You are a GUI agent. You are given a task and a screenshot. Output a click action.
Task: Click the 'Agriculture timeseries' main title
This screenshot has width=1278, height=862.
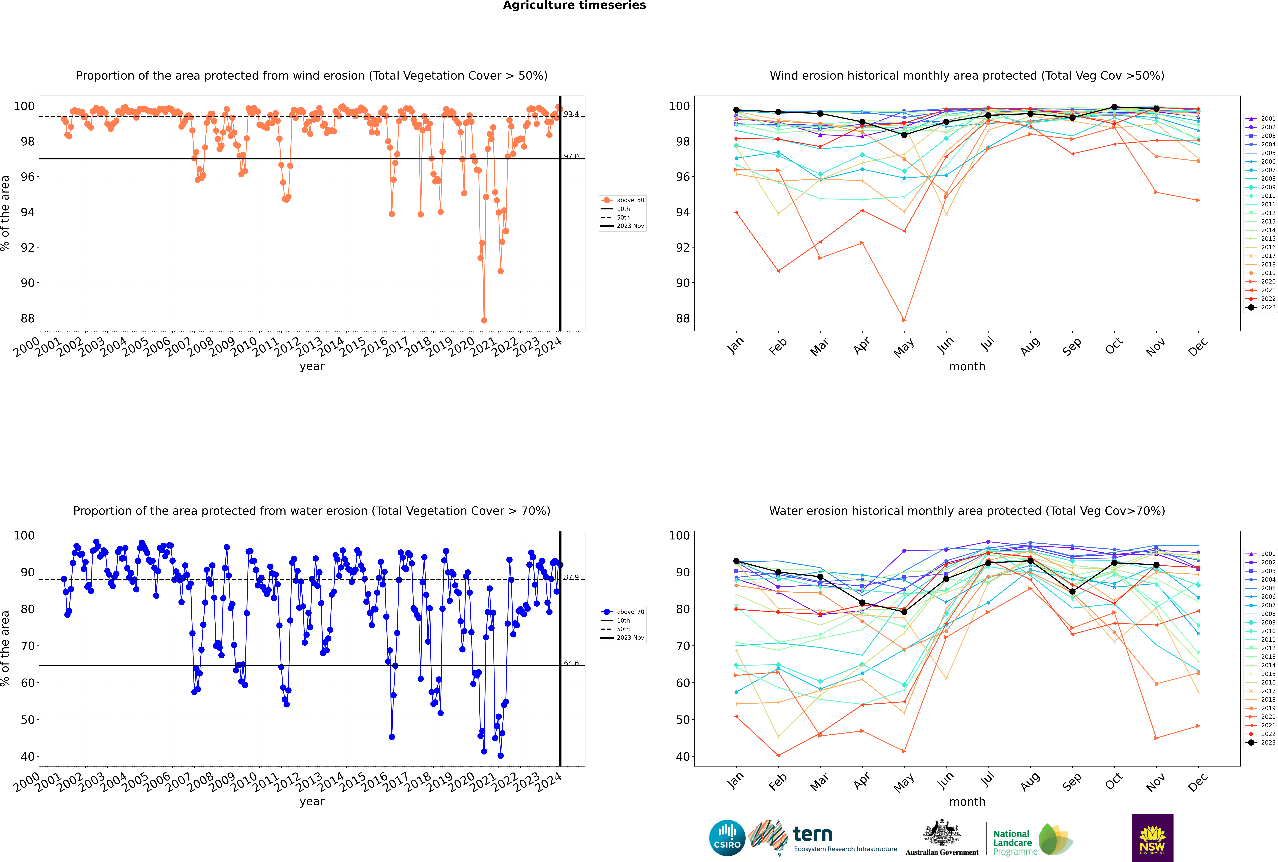click(574, 5)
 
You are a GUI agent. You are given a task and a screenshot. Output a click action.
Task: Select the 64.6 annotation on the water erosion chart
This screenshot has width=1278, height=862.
click(571, 663)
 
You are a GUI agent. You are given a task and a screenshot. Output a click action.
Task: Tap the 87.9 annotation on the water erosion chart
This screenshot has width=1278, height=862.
click(571, 577)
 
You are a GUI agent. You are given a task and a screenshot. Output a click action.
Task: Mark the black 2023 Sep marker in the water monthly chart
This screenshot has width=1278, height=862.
click(1072, 592)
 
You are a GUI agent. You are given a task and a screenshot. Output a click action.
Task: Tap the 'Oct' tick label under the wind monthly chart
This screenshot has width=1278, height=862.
click(1114, 346)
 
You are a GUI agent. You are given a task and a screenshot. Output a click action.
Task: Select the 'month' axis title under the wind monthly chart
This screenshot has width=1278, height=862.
click(967, 367)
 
